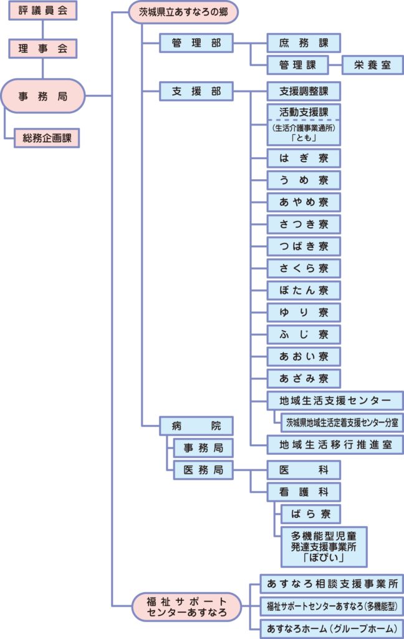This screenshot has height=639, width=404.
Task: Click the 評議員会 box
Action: pyautogui.click(x=43, y=10)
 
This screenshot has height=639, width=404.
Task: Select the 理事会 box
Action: pyautogui.click(x=43, y=49)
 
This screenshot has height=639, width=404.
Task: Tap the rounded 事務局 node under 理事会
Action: pyautogui.click(x=43, y=95)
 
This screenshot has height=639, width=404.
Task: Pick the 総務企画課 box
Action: pyautogui.click(x=47, y=138)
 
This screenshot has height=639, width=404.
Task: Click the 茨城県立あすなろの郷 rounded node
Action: pyautogui.click(x=183, y=12)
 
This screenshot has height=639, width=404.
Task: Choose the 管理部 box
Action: pyautogui.click(x=196, y=43)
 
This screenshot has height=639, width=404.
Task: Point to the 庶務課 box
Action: pyautogui.click(x=304, y=43)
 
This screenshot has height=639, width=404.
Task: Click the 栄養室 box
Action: pyautogui.click(x=373, y=65)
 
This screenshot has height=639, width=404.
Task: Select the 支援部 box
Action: pyautogui.click(x=196, y=91)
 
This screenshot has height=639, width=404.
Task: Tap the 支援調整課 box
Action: pyautogui.click(x=304, y=91)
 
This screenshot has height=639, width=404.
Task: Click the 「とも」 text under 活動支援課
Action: pyautogui.click(x=304, y=138)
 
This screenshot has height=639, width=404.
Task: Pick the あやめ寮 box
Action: pyautogui.click(x=304, y=202)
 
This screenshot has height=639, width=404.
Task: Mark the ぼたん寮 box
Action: pyautogui.click(x=304, y=291)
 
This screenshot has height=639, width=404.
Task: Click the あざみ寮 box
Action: pyautogui.click(x=304, y=379)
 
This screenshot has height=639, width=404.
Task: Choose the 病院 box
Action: pyautogui.click(x=196, y=426)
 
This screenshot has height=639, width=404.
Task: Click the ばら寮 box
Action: pyautogui.click(x=310, y=514)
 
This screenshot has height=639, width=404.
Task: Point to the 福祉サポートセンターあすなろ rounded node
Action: pyautogui.click(x=186, y=607)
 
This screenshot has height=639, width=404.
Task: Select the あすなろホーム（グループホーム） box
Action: pyautogui.click(x=332, y=628)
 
